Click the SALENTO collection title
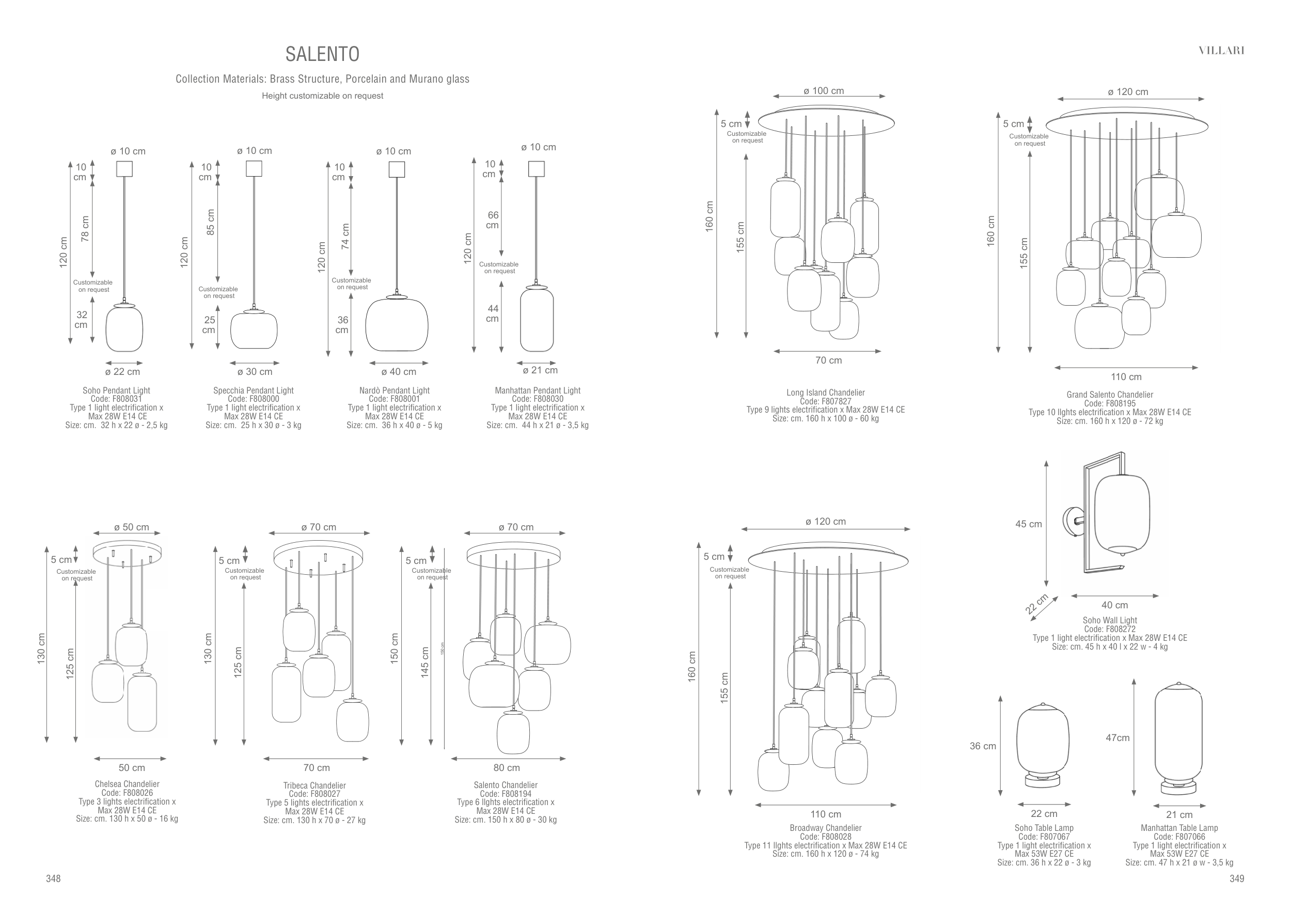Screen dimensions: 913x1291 click(322, 54)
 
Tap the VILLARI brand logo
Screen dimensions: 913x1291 click(1221, 51)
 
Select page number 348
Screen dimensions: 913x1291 click(53, 878)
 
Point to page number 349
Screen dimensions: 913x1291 click(1237, 878)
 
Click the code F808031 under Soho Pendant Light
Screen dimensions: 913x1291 click(116, 399)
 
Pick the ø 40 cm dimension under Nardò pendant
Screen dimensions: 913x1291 click(399, 372)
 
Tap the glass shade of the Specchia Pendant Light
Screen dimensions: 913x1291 click(254, 330)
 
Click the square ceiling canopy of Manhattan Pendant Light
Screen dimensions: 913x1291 click(537, 168)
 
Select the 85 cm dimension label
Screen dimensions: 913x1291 click(211, 222)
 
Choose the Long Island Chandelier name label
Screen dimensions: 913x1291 click(825, 393)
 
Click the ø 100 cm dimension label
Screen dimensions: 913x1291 click(824, 91)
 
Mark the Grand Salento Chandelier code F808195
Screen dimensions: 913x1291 click(1109, 404)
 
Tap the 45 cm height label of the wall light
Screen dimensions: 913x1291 click(1029, 524)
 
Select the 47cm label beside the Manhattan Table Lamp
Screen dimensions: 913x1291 click(1117, 737)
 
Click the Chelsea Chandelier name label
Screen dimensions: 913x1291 click(127, 784)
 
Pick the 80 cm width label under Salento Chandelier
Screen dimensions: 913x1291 click(507, 767)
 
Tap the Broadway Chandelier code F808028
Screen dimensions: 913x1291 click(825, 837)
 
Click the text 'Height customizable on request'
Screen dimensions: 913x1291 click(322, 96)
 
